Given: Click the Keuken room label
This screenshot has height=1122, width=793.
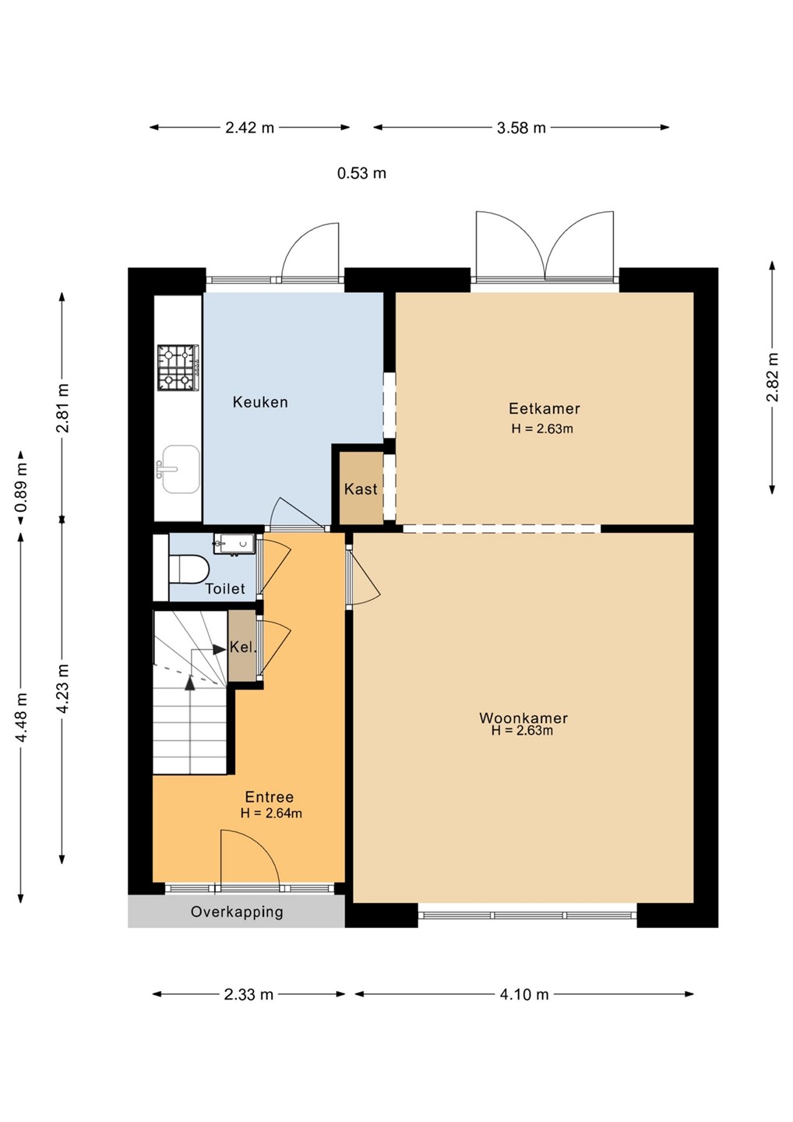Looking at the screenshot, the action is pos(260,402).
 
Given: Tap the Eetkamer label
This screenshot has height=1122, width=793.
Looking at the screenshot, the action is pos(545,409).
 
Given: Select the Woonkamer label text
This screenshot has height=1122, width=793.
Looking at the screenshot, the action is pos(523,718).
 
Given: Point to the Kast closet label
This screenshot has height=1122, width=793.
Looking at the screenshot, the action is pos(361,489).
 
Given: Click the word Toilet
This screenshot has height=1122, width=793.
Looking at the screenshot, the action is pos(225,588).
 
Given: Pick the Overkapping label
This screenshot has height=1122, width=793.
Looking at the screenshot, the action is pos(237,912).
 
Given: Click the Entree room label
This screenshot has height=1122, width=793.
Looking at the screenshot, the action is pos(270,797).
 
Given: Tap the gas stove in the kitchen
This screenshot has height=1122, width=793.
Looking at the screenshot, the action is pos(178,368).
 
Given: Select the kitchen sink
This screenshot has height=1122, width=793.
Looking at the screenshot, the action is pos(178,469).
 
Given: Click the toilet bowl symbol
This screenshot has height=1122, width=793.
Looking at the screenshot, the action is pos(189,569).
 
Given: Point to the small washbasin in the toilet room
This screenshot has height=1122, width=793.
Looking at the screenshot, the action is pos(234,544).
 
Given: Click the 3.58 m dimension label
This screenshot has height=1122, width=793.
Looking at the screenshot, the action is pos(521,129).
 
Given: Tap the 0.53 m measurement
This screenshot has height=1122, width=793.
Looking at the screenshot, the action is pos(362,173).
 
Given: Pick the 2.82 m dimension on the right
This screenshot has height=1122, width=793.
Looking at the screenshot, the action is pos(772,377).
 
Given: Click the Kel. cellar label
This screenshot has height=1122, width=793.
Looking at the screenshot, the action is pos(243,647).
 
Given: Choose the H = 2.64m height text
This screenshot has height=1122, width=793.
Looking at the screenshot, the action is pos(271,813).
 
